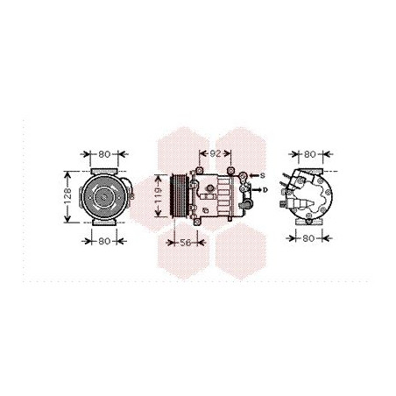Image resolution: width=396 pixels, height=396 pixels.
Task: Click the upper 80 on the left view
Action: click(105, 154)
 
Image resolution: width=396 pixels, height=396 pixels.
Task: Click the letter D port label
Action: click(264, 188)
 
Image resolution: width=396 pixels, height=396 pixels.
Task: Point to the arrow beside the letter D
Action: click(253, 188)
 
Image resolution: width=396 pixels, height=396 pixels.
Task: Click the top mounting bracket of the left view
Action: click(105, 168)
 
